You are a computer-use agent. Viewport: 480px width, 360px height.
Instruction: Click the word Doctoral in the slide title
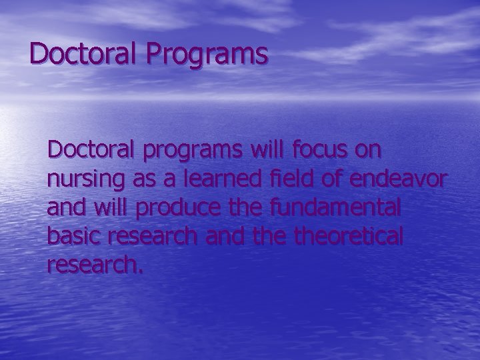[x=81, y=53]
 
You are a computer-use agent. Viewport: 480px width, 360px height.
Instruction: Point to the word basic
[x=71, y=236]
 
